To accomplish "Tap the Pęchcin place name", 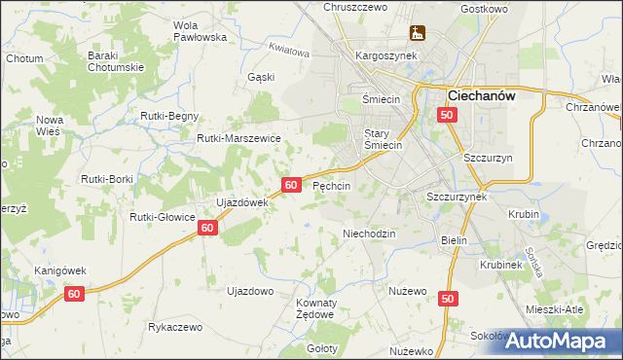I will (331, 185).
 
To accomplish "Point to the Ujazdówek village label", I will (240, 202).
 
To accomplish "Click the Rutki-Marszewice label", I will (238, 139).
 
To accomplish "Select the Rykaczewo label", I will (174, 327).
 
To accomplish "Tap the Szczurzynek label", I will (457, 195).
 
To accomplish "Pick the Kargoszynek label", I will (386, 55).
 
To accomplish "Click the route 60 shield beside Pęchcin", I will (291, 184).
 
